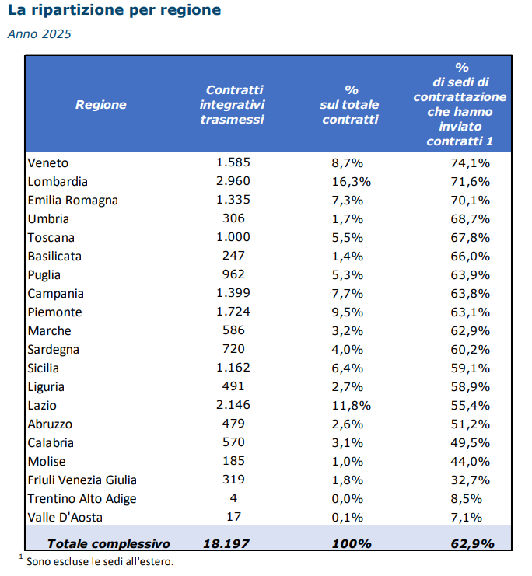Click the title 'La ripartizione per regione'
tap(114, 10)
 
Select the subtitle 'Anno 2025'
tap(40, 33)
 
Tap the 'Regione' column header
tap(101, 105)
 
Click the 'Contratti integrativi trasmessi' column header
tap(233, 104)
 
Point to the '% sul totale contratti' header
tap(350, 104)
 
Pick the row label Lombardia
tap(58, 181)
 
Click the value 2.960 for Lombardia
tap(233, 181)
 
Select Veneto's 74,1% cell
tap(471, 162)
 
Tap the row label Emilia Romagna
tap(73, 201)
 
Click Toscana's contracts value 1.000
tap(233, 237)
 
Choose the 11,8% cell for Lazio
tap(351, 405)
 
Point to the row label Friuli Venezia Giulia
tap(82, 480)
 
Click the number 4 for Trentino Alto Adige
tap(233, 497)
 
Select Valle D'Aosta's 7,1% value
tap(466, 517)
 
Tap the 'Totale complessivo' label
tap(109, 543)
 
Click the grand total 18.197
tap(226, 543)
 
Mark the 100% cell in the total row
tap(352, 543)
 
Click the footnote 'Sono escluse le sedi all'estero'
tap(100, 562)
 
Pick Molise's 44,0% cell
tap(471, 462)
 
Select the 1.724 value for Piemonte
tap(233, 312)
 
